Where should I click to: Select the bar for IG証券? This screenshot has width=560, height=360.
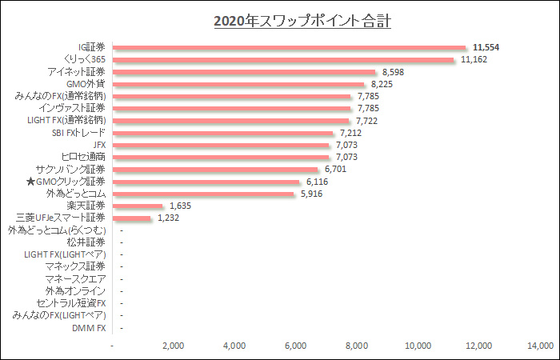[289, 47]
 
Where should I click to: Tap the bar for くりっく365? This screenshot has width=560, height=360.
[283, 59]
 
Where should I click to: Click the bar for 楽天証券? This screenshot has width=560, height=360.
[138, 206]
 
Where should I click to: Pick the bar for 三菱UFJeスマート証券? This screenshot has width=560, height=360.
[132, 218]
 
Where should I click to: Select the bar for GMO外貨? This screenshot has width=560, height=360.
[238, 84]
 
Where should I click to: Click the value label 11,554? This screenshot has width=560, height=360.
[486, 47]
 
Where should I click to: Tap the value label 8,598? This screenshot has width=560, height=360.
[396, 72]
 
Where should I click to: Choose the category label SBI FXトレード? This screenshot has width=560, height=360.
[78, 133]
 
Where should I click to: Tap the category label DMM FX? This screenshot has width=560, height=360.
[89, 328]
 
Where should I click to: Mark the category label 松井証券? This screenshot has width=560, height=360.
[86, 242]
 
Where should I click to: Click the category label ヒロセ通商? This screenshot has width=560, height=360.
[83, 157]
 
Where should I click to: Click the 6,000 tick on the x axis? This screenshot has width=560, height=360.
[296, 346]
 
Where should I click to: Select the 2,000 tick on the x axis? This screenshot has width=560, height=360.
[174, 346]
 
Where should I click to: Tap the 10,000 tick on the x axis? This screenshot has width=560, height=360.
[418, 346]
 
